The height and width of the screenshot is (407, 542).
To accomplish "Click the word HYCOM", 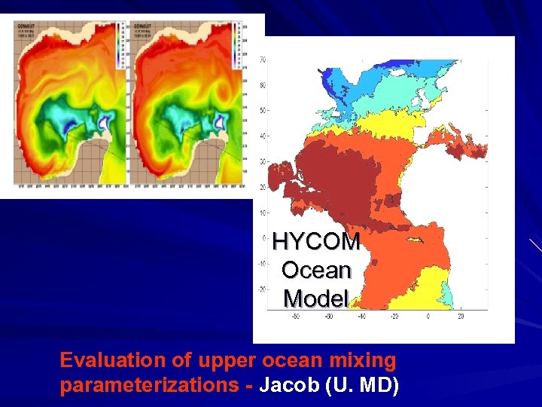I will point(316,241).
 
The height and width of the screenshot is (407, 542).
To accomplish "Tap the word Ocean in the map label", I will point(316,270).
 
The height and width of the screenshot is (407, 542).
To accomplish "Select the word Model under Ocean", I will point(316,298).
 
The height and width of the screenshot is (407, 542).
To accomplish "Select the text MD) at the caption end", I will point(381,386).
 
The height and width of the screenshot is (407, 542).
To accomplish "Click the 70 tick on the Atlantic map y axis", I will point(262,60).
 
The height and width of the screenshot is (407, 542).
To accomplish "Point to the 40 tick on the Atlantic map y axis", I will point(262,136).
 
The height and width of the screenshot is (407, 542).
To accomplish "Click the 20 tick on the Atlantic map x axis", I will point(461,316).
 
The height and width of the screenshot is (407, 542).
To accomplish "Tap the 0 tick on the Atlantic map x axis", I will point(427,316).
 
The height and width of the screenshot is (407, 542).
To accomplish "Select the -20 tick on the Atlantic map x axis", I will point(394,316).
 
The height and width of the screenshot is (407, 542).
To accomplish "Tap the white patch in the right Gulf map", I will point(221,118).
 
